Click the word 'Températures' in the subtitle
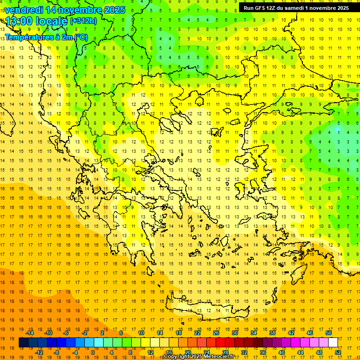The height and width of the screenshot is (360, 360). [26, 37]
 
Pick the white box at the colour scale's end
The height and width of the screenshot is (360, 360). [333, 342]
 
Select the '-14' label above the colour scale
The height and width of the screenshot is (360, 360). [30, 333]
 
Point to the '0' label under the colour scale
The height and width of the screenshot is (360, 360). [93, 352]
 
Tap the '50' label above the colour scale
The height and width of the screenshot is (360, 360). [329, 333]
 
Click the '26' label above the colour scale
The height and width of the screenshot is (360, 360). [217, 333]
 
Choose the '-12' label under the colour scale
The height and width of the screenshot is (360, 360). [39, 352]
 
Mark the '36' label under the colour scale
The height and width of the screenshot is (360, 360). [263, 352]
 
